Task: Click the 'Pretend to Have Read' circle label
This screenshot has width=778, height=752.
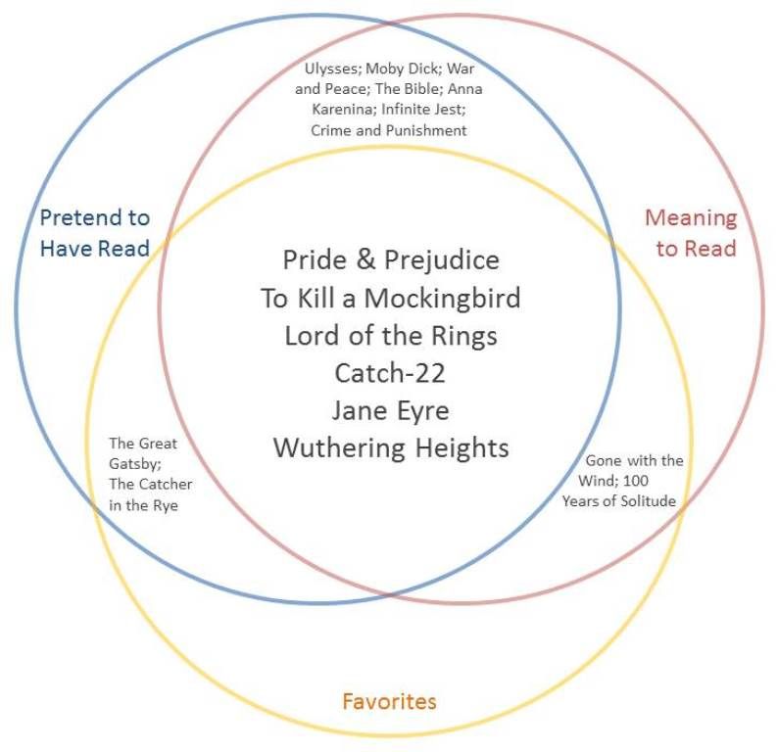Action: point(95,233)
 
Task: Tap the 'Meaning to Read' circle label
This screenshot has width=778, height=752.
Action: point(691,233)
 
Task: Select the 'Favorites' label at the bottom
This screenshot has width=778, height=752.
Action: point(390,701)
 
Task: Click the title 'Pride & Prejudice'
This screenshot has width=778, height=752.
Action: point(391,259)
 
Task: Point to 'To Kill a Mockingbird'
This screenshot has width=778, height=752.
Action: point(391,298)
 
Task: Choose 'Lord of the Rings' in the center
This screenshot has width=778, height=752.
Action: point(391,336)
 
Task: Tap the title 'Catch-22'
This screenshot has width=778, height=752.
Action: point(390,373)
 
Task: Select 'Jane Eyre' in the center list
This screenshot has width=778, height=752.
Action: point(391,411)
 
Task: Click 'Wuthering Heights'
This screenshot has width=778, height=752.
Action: point(391,448)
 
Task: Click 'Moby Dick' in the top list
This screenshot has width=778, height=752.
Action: point(403,68)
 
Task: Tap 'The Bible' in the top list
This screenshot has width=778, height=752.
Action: point(409,89)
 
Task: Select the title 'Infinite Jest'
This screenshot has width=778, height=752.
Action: point(423,109)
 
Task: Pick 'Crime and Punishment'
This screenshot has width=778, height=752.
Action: point(388,130)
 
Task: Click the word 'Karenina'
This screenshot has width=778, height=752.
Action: point(344,109)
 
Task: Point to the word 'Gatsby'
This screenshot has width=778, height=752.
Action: point(134,464)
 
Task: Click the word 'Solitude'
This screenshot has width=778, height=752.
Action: point(648,501)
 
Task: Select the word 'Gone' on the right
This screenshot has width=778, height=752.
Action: point(604,460)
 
